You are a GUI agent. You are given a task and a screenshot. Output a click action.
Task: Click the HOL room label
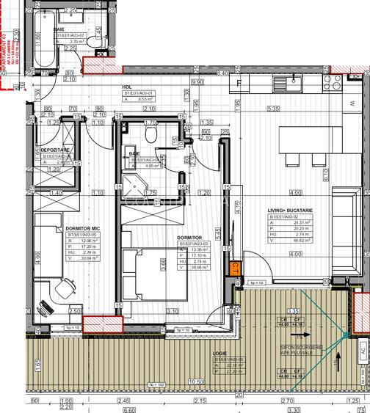127,87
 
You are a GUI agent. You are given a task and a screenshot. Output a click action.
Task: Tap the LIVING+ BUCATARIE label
291,210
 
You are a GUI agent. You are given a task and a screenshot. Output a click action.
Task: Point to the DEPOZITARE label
55,149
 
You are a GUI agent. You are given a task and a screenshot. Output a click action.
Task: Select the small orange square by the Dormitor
235,268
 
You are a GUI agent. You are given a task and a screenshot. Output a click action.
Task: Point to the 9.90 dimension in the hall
197,82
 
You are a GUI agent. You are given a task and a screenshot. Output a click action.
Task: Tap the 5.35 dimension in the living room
274,109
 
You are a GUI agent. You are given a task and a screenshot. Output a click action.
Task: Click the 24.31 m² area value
282,224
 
